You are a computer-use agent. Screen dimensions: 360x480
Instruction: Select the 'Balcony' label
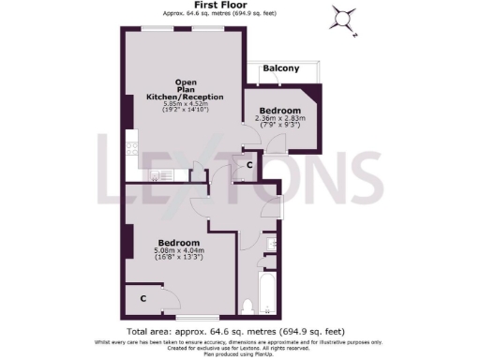point(281,68)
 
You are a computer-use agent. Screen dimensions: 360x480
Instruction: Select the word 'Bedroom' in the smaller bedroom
point(279,111)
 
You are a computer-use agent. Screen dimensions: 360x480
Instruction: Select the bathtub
point(268,291)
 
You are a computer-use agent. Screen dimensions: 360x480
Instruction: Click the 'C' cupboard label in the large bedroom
point(142,298)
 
